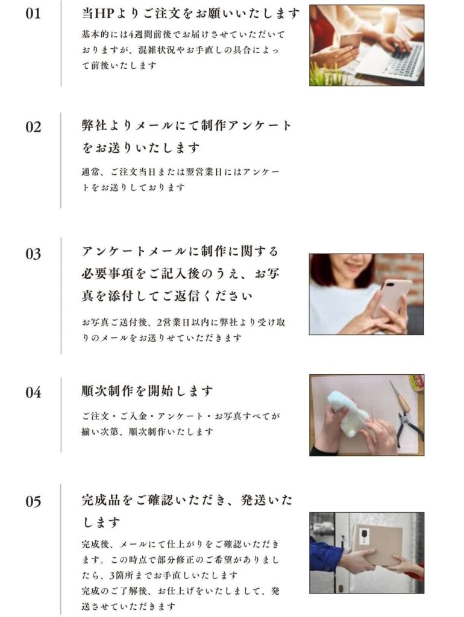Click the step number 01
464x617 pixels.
[x=33, y=14]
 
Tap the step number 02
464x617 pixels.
[x=34, y=127]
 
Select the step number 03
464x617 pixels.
[x=34, y=254]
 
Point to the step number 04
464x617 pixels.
[x=34, y=392]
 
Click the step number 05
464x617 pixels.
[x=34, y=502]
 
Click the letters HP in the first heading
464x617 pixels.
[x=104, y=14]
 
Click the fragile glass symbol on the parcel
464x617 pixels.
[x=365, y=536]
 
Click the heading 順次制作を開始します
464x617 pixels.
[x=147, y=391]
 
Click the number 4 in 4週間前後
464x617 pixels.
[x=131, y=34]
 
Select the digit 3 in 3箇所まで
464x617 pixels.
[x=111, y=575]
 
